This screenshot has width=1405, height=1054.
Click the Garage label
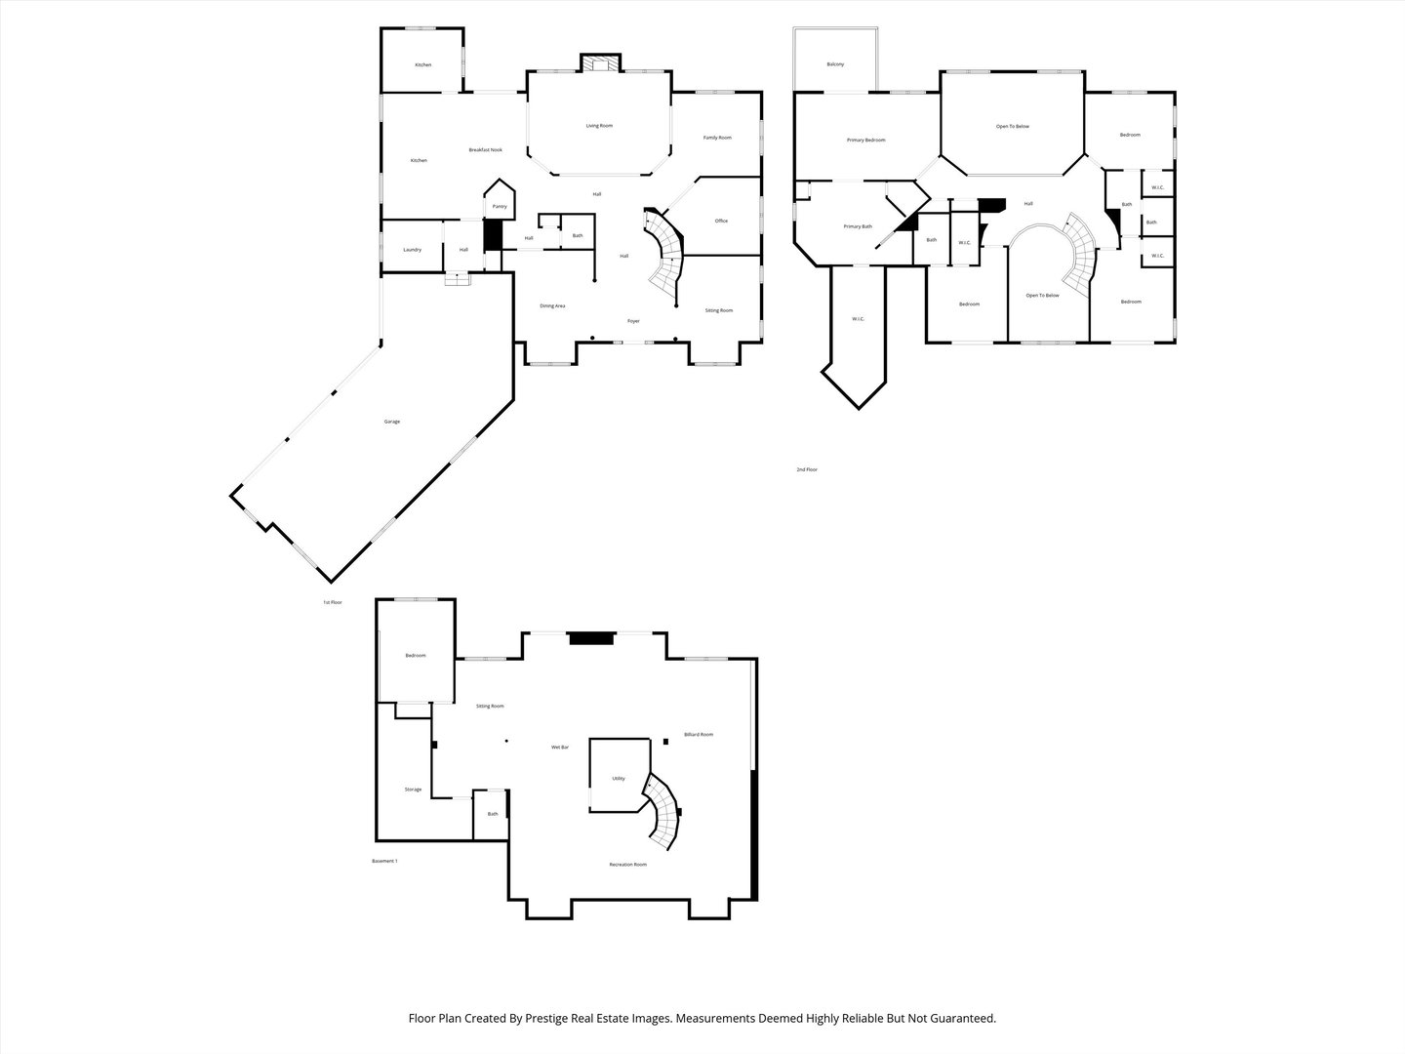click(391, 422)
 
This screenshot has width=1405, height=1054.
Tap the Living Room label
click(599, 126)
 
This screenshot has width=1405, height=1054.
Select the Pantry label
click(500, 207)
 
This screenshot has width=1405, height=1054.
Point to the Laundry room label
click(413, 250)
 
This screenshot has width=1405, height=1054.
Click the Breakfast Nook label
click(485, 150)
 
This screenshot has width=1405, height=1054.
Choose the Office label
click(721, 222)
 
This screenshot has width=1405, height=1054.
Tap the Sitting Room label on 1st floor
click(719, 310)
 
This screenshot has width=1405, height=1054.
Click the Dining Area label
click(552, 306)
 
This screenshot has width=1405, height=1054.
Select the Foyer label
click(633, 321)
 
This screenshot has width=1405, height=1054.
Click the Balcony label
click(835, 64)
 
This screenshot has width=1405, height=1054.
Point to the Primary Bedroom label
click(865, 141)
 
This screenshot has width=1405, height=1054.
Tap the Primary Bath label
click(858, 227)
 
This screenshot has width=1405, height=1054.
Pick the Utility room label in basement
click(619, 779)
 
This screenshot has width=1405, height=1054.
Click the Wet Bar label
click(560, 748)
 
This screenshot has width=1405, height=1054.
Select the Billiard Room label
click(699, 735)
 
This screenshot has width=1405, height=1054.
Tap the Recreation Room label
click(627, 865)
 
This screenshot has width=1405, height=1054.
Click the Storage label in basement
click(413, 790)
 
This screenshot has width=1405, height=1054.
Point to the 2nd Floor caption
click(807, 470)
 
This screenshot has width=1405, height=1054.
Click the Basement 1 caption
click(384, 861)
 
